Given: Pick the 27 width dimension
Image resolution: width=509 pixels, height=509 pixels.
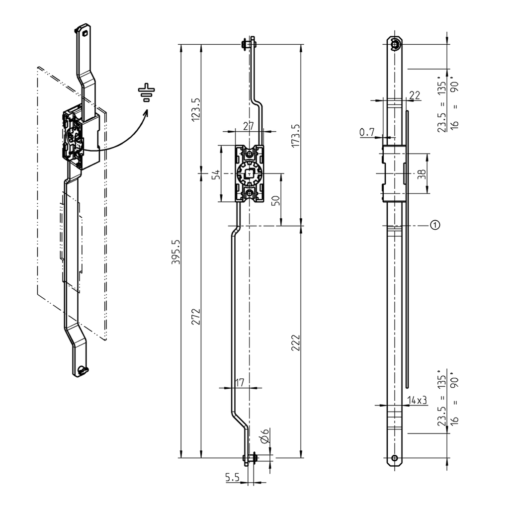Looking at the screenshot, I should tap(249, 126).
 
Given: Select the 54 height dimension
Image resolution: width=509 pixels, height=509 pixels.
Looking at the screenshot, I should tap(216, 174).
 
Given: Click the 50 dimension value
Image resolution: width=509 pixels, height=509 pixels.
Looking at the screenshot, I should tap(276, 200).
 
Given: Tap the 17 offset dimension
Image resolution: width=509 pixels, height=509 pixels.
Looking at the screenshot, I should tap(239, 383).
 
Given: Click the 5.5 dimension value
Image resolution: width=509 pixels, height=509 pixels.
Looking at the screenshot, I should tap(232, 478).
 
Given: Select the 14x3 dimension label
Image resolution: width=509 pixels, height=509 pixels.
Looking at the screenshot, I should tap(417, 400).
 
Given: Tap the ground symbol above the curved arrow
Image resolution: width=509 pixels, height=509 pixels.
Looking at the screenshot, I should tap(147, 93).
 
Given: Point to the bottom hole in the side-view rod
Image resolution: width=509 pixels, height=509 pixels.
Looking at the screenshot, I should tap(395, 458).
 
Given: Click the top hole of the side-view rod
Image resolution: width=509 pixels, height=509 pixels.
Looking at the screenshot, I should tap(395, 45).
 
